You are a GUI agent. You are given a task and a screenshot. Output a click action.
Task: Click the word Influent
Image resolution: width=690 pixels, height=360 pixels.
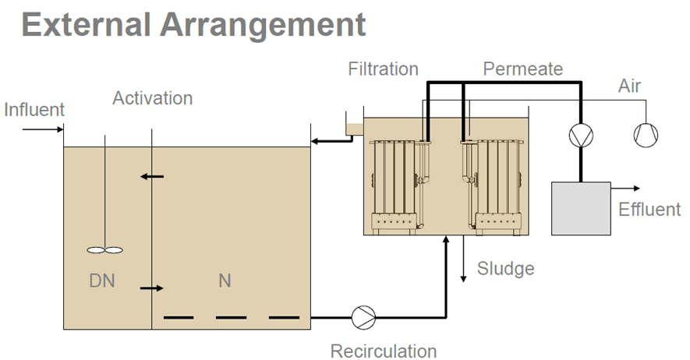34,109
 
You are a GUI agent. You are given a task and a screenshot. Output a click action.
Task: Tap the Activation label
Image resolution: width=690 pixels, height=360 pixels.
152,98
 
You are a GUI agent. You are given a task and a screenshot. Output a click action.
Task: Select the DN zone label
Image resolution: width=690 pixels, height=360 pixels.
103,280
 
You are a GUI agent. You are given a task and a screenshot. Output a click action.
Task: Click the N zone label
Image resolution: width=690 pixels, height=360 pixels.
225,280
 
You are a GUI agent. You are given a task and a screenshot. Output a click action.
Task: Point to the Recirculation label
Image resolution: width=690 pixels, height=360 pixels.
383,351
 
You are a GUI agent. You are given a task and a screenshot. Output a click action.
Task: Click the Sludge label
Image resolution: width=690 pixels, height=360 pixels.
506,269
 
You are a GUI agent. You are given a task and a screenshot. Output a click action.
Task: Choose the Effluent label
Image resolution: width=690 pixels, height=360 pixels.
649,209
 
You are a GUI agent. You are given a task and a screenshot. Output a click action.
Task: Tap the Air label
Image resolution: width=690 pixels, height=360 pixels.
629,86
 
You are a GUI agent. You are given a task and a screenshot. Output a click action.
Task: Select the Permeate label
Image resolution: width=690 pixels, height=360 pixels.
522,69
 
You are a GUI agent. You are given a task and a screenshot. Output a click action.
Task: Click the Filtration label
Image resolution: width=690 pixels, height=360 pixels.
383,69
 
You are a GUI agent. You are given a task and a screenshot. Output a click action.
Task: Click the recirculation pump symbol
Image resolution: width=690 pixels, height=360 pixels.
363,317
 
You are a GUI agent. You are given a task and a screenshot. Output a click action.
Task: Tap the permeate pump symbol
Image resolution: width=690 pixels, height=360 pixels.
579,136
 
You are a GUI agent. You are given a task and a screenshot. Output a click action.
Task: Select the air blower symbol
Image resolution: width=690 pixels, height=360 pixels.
645,136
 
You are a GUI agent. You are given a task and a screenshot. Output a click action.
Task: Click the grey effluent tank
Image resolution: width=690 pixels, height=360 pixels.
581,208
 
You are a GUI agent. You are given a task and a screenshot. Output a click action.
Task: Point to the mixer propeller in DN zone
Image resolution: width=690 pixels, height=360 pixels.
104,250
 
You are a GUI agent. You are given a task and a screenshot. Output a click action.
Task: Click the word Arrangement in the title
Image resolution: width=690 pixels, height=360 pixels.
263,25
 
